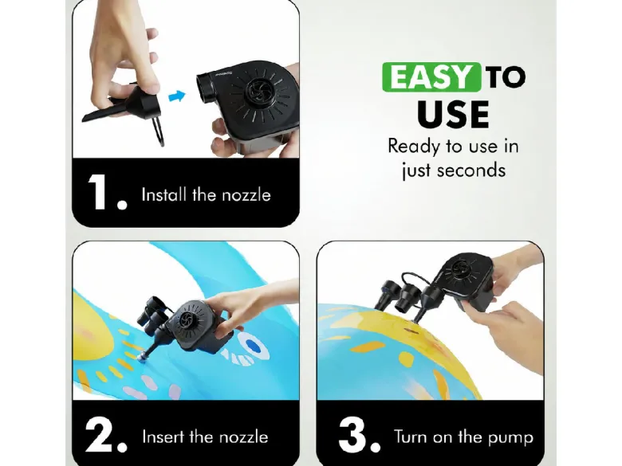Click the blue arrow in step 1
point(177,96)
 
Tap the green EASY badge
point(431,77)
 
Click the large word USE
point(453,114)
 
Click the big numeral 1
point(96,191)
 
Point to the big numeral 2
point(99,434)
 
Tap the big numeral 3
point(352,434)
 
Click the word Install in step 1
point(163,194)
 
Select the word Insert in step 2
point(163,437)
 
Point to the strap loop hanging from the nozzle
point(158,131)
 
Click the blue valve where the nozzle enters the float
point(142,357)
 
